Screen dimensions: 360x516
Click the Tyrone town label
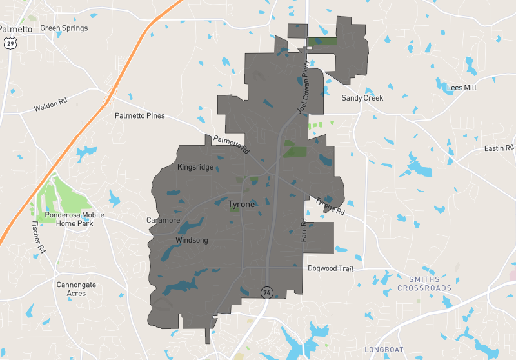click(x=242, y=205)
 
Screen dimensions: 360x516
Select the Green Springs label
click(x=64, y=28)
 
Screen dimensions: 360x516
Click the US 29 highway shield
click(x=9, y=43)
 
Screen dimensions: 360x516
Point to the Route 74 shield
click(x=266, y=293)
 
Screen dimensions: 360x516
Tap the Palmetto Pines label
click(x=139, y=116)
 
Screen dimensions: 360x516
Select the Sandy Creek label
click(x=362, y=98)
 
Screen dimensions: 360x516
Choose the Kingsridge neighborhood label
click(x=195, y=167)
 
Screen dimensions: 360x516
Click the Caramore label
click(x=163, y=220)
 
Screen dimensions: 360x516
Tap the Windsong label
click(x=192, y=240)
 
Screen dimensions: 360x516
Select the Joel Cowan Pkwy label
click(x=303, y=88)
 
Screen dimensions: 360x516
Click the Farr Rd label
click(x=304, y=230)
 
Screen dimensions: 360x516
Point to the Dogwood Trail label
click(x=331, y=268)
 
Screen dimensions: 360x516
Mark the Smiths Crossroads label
click(x=424, y=283)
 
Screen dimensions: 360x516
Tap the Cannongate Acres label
click(x=76, y=288)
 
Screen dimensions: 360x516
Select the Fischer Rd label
click(x=39, y=237)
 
